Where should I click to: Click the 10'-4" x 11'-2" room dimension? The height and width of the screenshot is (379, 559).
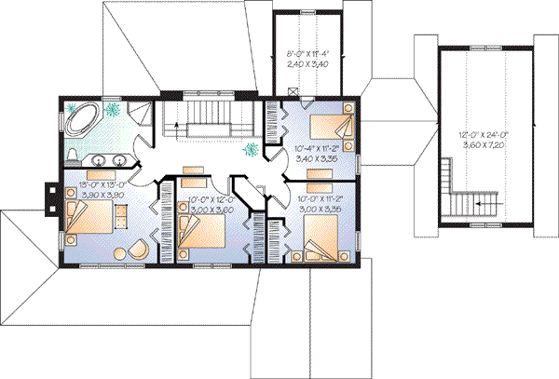(316, 147)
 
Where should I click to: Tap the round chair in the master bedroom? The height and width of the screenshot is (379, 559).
(135, 250)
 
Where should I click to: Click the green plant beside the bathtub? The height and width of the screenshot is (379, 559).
(113, 110)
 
